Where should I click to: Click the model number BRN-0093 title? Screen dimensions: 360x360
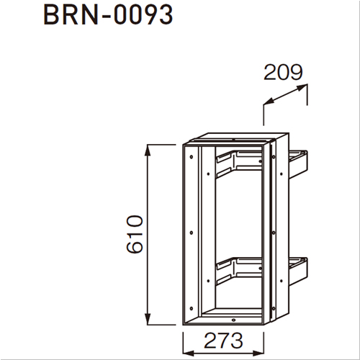pos(108,15)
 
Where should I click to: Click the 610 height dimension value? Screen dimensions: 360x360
pos(135,234)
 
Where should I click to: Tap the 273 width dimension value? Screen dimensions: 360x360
pos(223,341)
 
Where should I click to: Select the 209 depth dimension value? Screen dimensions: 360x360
pos(283,72)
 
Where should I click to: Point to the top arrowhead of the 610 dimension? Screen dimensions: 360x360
pos(148,150)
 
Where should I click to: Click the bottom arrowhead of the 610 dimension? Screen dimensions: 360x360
pos(148,319)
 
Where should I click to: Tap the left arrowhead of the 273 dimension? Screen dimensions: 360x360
pos(189,353)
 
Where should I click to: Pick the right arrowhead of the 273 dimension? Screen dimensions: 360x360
pos(258,353)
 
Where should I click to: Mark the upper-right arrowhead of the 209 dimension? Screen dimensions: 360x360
pos(302,87)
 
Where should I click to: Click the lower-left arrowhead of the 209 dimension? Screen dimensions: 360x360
pos(269,102)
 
